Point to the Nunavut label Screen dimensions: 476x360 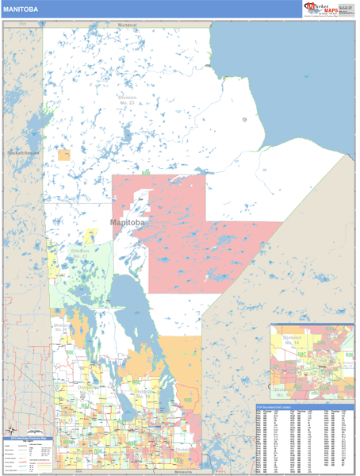tap(128, 25)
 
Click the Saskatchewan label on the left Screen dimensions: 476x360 tap(25, 152)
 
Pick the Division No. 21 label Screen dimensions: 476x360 tap(80, 255)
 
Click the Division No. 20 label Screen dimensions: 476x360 tap(63, 328)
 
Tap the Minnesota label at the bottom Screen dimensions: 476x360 tap(178, 471)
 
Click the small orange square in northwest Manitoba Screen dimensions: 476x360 tap(64, 155)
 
